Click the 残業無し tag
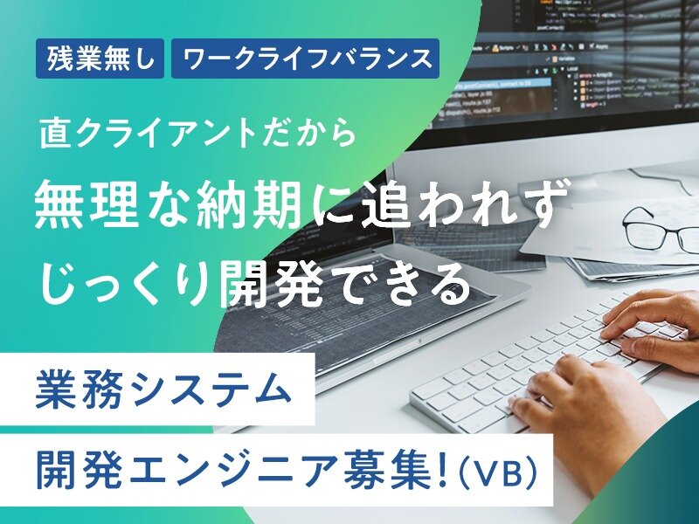100,59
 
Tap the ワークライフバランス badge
305,59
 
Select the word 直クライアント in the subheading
149,134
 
